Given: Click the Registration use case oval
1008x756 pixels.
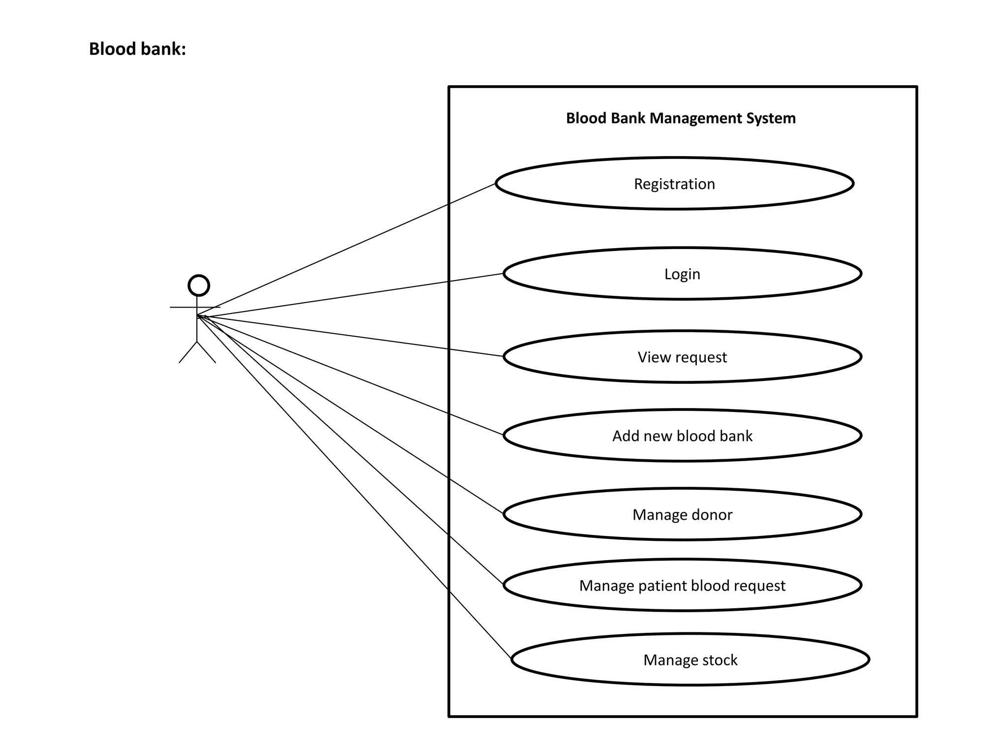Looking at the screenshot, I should coord(674,184).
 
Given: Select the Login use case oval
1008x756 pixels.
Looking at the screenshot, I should coord(682,274).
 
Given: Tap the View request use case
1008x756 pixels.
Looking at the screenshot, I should coord(682,357).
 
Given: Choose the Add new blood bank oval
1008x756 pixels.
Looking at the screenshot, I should coord(682,436).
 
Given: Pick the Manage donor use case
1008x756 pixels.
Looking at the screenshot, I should coord(682,514).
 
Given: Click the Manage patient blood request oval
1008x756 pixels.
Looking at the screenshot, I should coord(682,585).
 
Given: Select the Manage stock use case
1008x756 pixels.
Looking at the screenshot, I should coord(690,660).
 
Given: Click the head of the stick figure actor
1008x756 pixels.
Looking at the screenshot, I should coord(199,285).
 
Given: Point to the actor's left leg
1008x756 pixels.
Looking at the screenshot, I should coord(188,352).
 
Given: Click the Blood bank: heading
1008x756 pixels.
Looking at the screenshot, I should coord(137,49).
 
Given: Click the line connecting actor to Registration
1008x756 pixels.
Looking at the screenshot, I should coord(345,250).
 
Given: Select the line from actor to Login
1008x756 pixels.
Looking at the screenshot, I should coord(345,294).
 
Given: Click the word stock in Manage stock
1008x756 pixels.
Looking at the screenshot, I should coord(720,660).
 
